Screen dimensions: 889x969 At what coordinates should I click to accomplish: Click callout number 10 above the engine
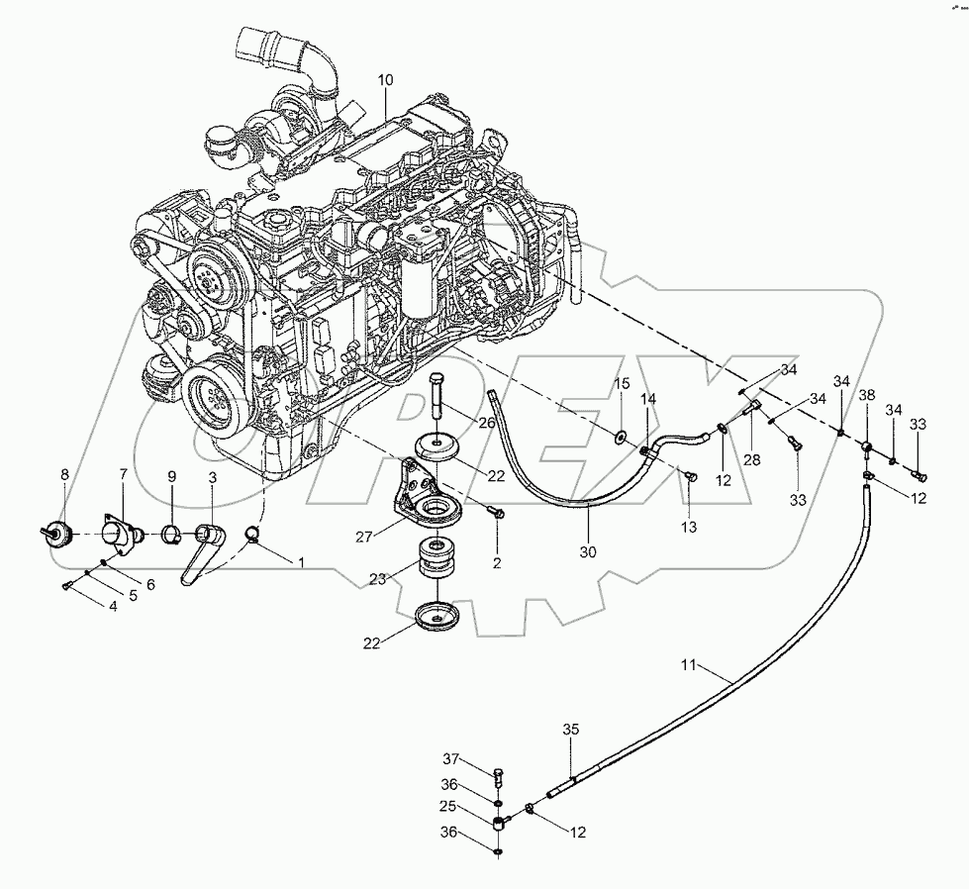385,79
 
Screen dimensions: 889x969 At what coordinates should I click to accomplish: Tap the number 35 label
571,729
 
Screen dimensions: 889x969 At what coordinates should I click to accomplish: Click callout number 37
451,759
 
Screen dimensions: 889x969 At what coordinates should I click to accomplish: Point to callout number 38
867,395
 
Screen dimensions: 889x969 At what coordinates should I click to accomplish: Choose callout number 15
621,384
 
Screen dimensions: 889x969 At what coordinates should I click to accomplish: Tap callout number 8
65,475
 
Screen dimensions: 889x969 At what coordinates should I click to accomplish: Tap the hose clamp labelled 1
253,538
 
